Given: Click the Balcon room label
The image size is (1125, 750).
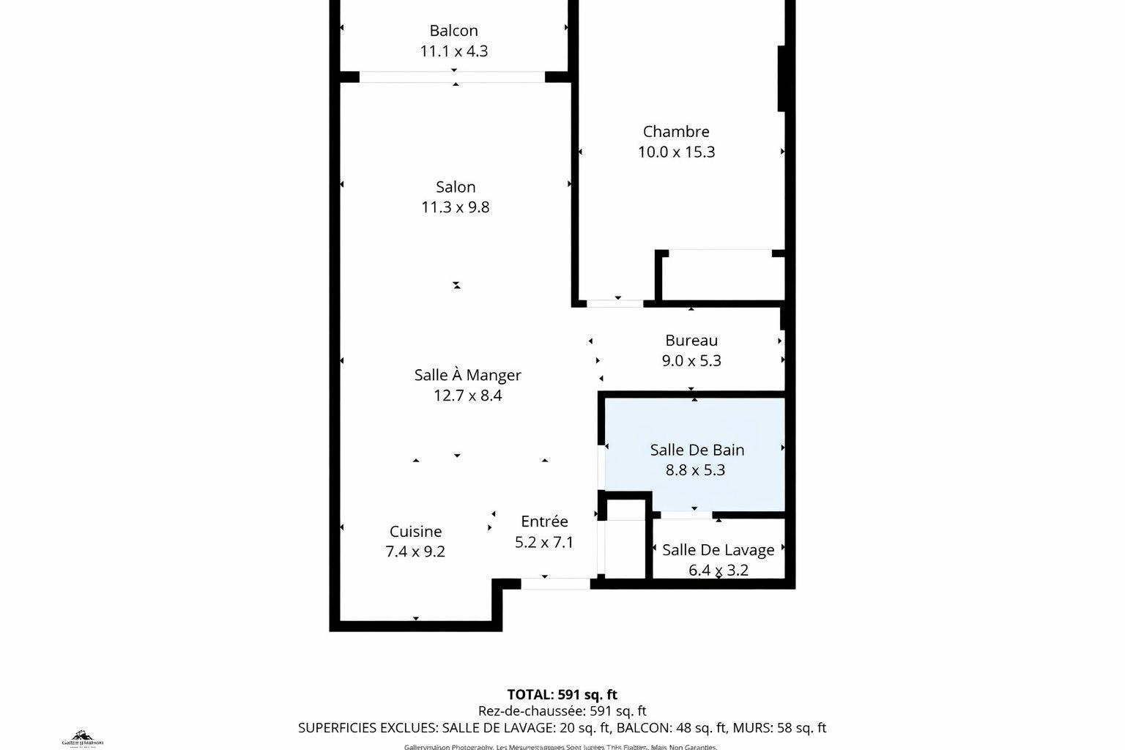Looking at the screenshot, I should click(453, 31).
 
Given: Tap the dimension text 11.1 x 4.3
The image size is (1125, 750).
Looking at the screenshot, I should click(453, 51).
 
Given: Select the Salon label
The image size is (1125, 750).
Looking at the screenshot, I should click(456, 187).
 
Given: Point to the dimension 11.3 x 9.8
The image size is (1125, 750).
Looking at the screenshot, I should click(455, 207).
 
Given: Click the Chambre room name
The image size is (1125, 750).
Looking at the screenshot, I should click(676, 132).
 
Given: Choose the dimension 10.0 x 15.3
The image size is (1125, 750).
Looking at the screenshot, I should click(676, 152).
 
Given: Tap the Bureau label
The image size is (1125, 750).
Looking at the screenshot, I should click(691, 341).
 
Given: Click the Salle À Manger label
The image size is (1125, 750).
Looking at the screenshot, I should click(467, 375).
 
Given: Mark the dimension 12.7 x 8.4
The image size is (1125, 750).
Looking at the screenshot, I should click(467, 396).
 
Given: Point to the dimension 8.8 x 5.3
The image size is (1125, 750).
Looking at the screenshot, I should click(695, 470).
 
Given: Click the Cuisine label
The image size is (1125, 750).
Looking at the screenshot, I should click(415, 532).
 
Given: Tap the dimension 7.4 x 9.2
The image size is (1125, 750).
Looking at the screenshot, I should click(415, 552).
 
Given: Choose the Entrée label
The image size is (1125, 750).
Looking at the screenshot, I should click(544, 521).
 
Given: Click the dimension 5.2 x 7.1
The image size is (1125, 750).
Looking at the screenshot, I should click(544, 543).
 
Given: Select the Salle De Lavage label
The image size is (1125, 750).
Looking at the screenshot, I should click(718, 550).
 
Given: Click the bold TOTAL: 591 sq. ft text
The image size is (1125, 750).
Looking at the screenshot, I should click(562, 694).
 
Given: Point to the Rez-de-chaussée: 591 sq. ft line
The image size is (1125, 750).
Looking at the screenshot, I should click(562, 711).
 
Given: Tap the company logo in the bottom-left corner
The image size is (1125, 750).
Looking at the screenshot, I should click(82, 738).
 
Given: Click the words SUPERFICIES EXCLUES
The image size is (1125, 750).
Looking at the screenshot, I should click(366, 728).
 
